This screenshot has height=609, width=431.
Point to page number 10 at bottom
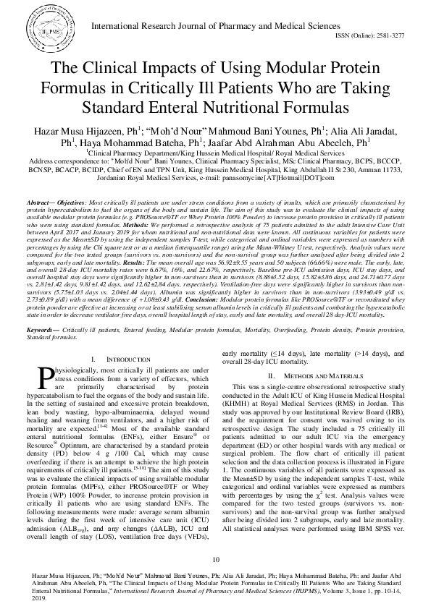[215, 561]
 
